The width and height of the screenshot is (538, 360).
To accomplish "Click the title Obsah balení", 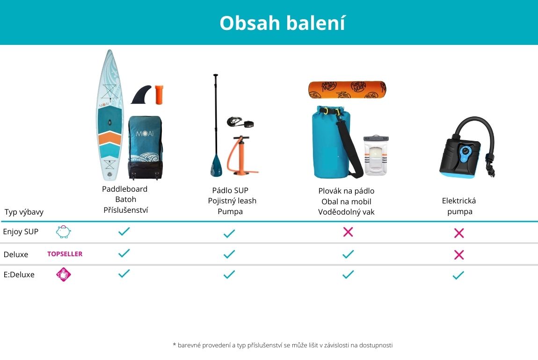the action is pos(282,23).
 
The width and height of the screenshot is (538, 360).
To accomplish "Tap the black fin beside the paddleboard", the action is pos(141,95).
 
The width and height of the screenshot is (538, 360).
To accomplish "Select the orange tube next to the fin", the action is pos(159,94).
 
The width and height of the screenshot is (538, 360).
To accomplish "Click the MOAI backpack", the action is pos(145,148).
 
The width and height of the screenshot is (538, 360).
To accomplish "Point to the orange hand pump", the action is pos(241,156).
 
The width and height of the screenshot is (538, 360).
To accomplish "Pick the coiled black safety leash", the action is pos(240,122).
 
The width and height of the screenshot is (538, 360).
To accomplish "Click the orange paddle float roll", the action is pos(347,90).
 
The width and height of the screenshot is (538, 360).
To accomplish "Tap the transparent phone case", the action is pos(376,155).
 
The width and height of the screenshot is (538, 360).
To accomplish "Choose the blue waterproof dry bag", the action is pos(333,142).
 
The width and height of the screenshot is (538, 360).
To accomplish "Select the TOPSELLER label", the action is pos(65,254).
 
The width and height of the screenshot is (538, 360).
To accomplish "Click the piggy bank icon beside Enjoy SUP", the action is pos(64,232).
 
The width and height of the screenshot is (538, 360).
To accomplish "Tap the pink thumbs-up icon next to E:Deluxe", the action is pos(64,274).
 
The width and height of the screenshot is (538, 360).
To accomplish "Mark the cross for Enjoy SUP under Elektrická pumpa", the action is pos(459,233).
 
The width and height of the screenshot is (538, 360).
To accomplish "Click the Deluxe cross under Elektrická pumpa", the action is pos(459,254).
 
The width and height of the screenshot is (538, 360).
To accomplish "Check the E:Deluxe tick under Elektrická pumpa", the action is pos(458,275).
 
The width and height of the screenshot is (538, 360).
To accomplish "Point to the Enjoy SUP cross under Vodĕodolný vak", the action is pos(348,232).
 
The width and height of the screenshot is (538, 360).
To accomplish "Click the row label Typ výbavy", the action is pos(24,212).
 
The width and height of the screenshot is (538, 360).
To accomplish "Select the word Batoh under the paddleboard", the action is pos(125,199).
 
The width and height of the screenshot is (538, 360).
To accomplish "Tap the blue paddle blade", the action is pos(216,165).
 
